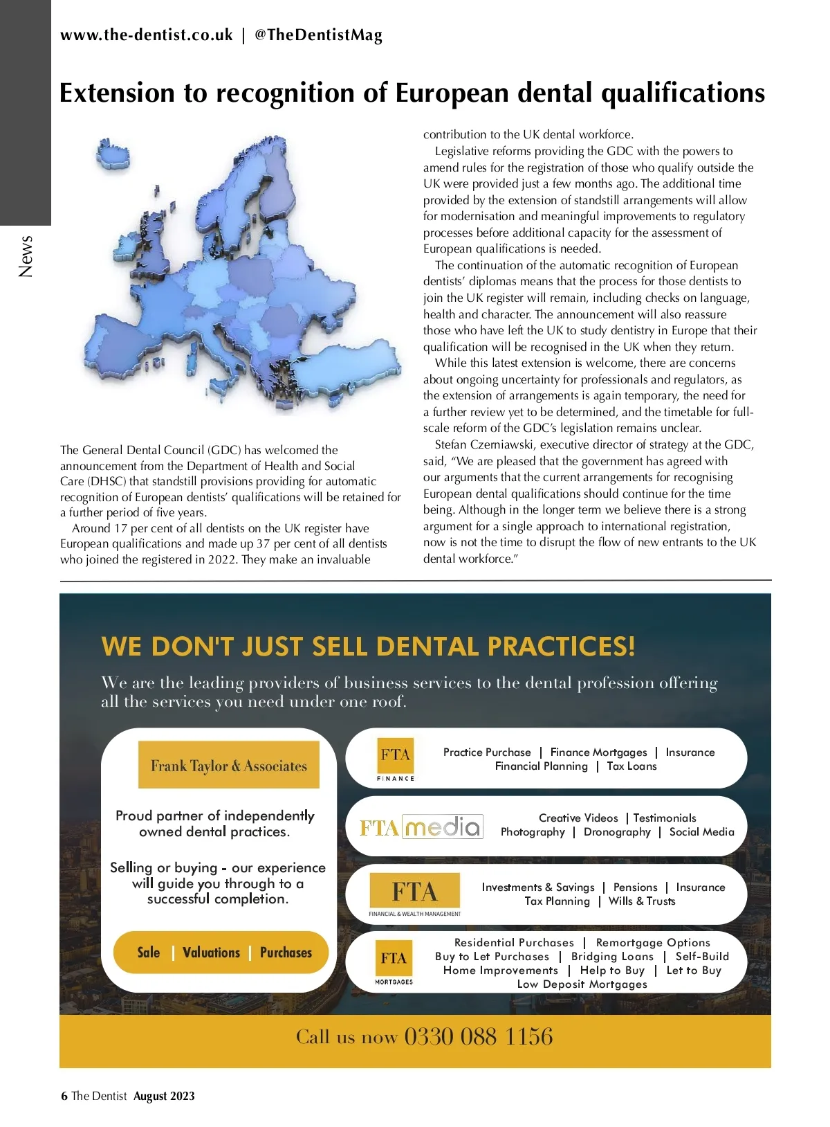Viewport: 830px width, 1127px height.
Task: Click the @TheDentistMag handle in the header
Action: tap(318, 35)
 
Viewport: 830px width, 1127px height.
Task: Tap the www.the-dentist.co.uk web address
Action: tap(146, 35)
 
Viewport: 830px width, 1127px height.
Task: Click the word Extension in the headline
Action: tap(117, 93)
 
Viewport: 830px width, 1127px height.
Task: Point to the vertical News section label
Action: tap(26, 256)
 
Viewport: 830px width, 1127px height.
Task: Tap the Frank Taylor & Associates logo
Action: tap(229, 765)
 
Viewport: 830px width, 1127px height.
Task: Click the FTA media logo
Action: tap(421, 827)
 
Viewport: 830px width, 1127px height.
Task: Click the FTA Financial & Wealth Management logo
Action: tap(415, 894)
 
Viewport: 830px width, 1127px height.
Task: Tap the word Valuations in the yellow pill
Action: tap(211, 953)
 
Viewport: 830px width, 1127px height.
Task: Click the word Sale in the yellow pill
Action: tap(149, 953)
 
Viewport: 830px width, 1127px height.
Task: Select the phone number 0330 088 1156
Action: tap(479, 1037)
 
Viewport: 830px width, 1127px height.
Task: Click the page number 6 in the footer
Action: tap(64, 1096)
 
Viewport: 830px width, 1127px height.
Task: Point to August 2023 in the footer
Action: tap(164, 1096)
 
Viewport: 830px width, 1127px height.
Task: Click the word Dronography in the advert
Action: tap(617, 832)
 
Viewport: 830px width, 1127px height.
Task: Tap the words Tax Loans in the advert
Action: tap(631, 766)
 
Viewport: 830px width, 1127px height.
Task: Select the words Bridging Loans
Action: tap(612, 957)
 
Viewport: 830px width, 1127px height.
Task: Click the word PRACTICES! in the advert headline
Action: tap(561, 646)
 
